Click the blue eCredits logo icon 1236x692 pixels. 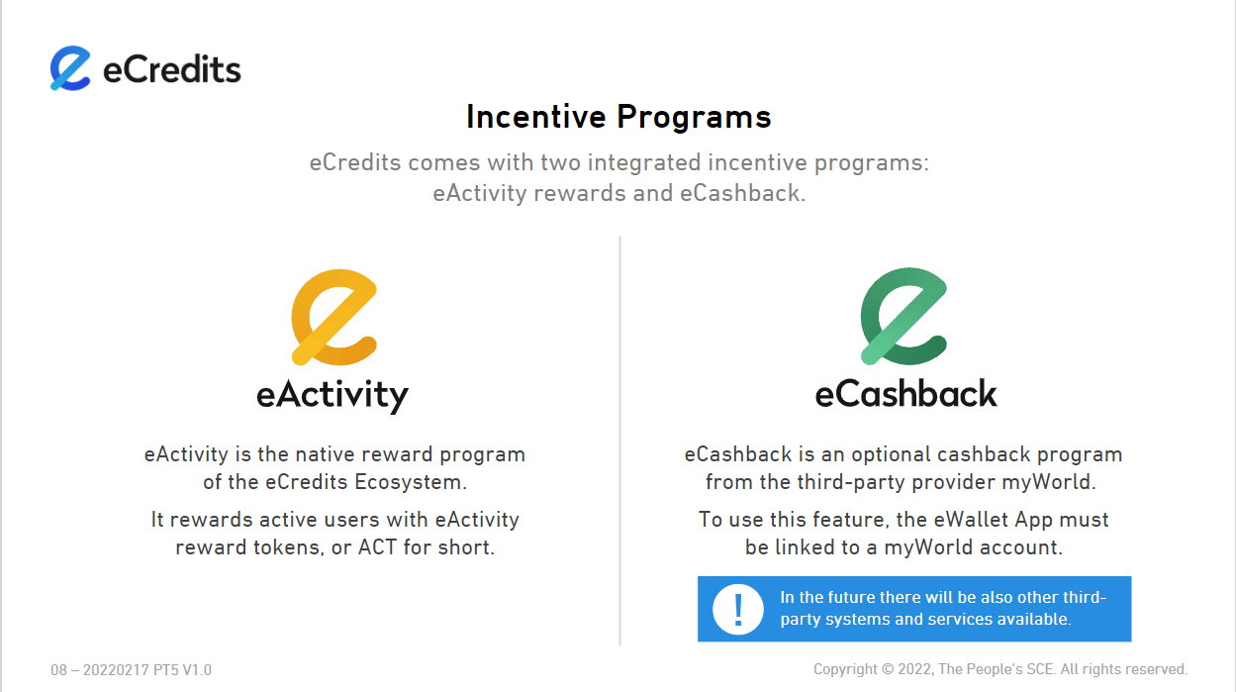click(x=70, y=68)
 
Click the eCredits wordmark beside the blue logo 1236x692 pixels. click(x=172, y=69)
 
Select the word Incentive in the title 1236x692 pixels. click(x=536, y=117)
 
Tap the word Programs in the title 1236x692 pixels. click(x=694, y=118)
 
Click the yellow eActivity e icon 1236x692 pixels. click(x=334, y=318)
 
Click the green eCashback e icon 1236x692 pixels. click(x=903, y=316)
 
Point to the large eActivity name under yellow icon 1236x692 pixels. click(x=333, y=395)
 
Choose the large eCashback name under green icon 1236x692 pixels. click(x=906, y=393)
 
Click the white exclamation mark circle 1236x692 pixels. click(x=737, y=609)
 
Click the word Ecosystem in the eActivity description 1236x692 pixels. click(x=410, y=482)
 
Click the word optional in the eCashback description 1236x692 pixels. click(x=894, y=454)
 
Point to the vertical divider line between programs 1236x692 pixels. click(x=620, y=441)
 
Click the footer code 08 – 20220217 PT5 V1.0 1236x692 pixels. click(x=132, y=670)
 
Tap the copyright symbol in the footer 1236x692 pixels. click(x=888, y=669)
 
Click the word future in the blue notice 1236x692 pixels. click(x=850, y=598)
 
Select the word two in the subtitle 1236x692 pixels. click(x=561, y=162)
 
